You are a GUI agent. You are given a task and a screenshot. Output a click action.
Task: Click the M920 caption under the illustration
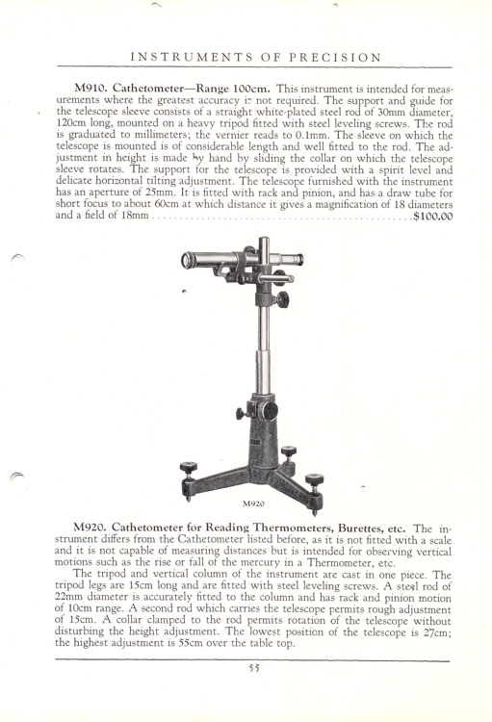252,502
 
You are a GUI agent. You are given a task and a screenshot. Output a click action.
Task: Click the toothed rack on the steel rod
256,347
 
